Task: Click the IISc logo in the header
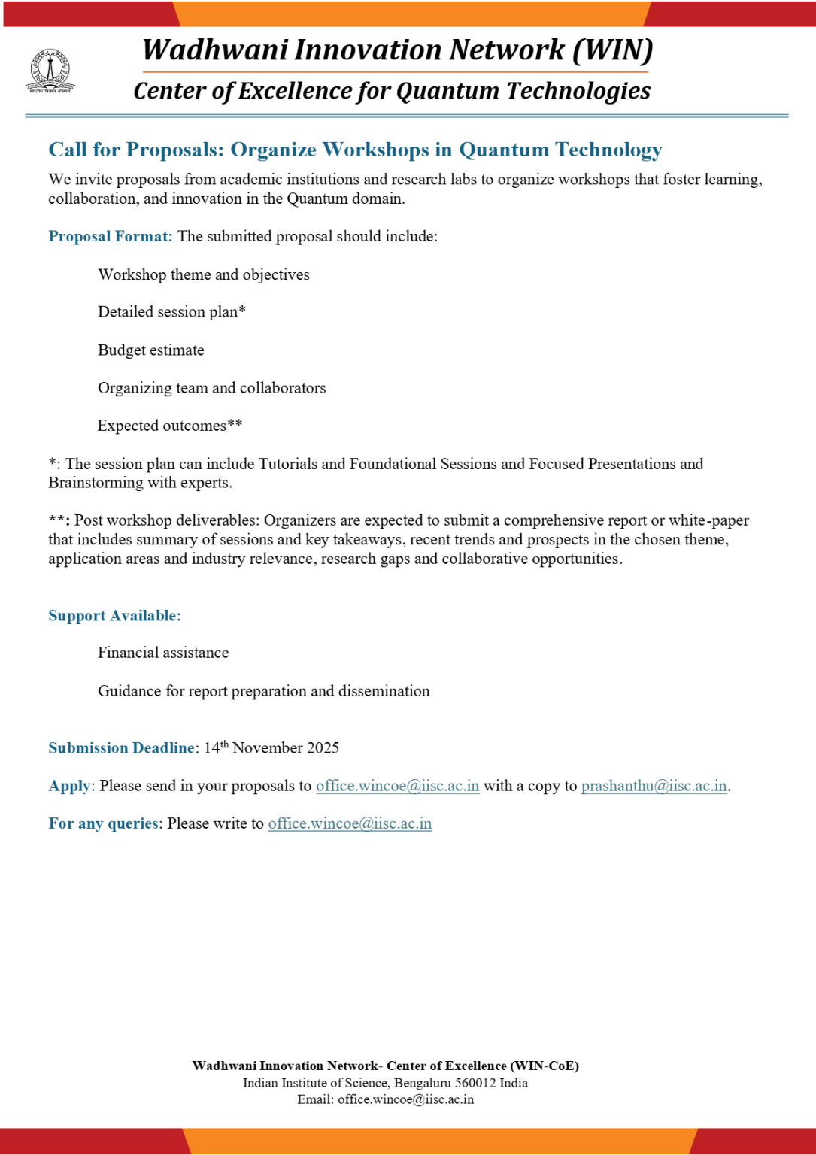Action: click(x=50, y=71)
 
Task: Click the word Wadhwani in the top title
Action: click(x=215, y=50)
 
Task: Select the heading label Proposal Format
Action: click(x=110, y=236)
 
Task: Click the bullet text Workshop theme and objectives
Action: click(x=203, y=274)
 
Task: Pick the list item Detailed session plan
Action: click(x=171, y=312)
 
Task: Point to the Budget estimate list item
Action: click(x=150, y=350)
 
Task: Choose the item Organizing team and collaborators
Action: click(x=211, y=388)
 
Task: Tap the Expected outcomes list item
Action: click(x=169, y=426)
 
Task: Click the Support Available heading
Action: click(x=114, y=616)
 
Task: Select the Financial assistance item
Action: click(x=163, y=653)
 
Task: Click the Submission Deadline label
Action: click(x=121, y=748)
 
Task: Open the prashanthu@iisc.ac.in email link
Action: click(x=654, y=786)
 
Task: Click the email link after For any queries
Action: click(x=350, y=823)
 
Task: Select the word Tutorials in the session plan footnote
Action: click(x=288, y=464)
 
